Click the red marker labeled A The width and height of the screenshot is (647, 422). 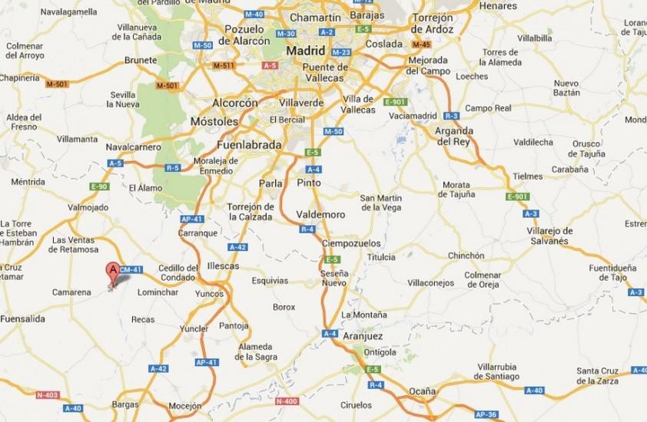113,271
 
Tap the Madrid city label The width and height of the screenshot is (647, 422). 307,51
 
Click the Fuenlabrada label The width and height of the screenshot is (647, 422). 250,143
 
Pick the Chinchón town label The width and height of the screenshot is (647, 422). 466,256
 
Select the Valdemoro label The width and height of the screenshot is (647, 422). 321,215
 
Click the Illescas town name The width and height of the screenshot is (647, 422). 223,265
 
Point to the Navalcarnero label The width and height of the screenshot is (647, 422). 133,146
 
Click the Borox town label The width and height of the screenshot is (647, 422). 284,307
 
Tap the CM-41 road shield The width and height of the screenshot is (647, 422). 132,269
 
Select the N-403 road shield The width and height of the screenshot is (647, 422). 46,395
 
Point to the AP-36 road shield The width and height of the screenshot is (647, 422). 485,414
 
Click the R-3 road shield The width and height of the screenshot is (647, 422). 452,116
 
